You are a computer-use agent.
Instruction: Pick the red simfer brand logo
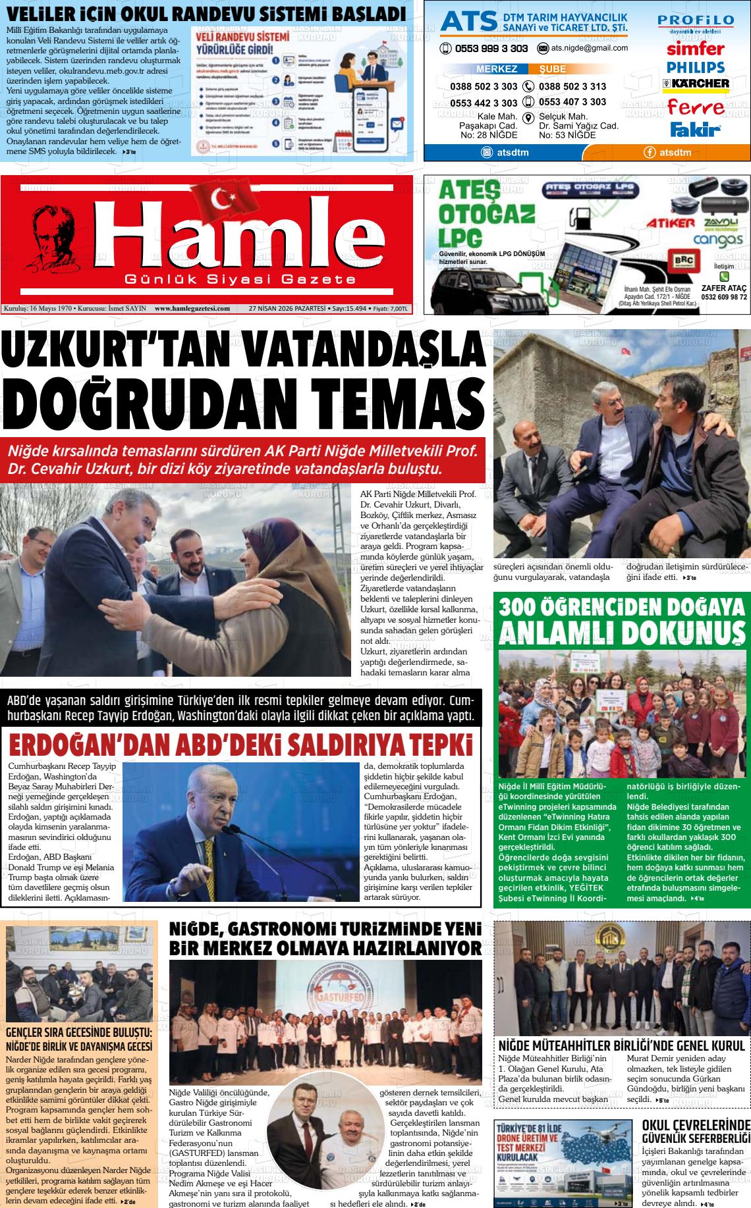[695, 48]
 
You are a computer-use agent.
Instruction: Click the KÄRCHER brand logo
[696, 84]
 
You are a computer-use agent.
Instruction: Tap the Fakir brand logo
[695, 130]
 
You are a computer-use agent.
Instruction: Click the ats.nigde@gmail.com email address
[589, 48]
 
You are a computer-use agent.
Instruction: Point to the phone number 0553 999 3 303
[489, 49]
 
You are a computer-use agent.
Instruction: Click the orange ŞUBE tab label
[552, 69]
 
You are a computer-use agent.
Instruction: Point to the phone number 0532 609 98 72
[724, 297]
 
